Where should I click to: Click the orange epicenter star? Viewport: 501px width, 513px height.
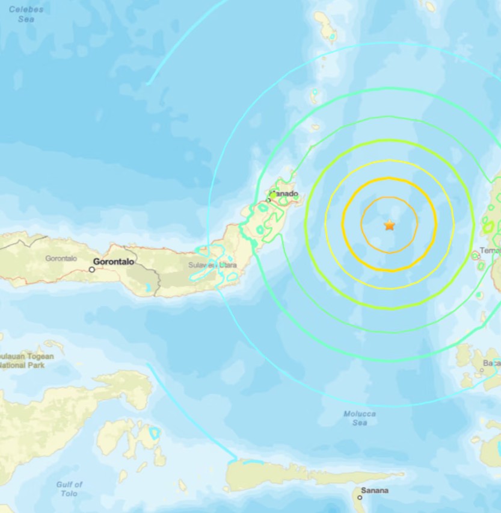[x=390, y=225]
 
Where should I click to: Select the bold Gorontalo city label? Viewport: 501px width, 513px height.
[x=113, y=262]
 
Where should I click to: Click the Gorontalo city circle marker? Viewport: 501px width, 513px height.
[x=92, y=269]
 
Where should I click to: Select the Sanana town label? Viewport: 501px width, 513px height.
[x=375, y=491]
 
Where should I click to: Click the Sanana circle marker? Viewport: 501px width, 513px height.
[x=360, y=497]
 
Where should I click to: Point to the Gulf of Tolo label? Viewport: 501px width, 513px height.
[x=69, y=489]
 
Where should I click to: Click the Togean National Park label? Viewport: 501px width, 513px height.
[x=26, y=361]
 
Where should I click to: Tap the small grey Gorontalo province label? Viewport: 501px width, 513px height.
[x=61, y=258]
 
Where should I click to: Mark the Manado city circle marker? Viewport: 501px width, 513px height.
[x=268, y=200]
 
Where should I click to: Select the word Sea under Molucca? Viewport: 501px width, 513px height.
[x=360, y=423]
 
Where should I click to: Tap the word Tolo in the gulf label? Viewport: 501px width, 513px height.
[x=69, y=494]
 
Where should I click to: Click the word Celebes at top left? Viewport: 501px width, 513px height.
[x=26, y=10]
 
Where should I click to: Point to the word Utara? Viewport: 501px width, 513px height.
[x=227, y=265]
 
